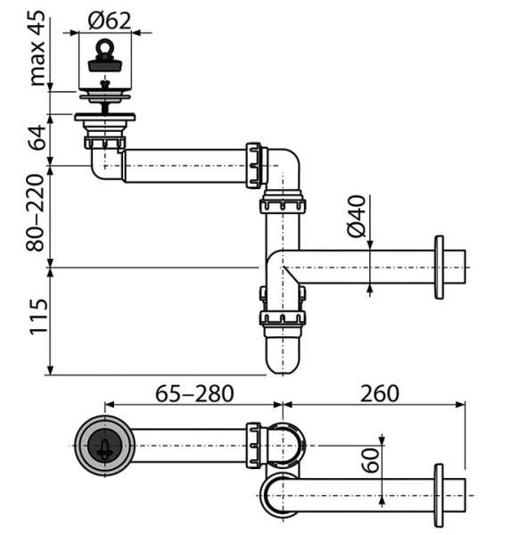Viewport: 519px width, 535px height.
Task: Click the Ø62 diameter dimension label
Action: [x=109, y=21]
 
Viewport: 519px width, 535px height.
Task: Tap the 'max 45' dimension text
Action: [x=37, y=48]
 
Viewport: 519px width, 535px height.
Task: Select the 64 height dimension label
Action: [x=37, y=137]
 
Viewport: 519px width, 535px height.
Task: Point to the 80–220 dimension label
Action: [x=36, y=213]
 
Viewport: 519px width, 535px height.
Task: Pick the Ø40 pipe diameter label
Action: [x=356, y=216]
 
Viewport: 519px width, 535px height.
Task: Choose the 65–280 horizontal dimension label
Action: [x=194, y=393]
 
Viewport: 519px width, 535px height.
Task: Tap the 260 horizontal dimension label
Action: [x=380, y=393]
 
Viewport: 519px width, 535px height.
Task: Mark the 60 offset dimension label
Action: [x=371, y=460]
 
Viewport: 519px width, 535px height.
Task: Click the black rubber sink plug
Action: [x=105, y=65]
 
